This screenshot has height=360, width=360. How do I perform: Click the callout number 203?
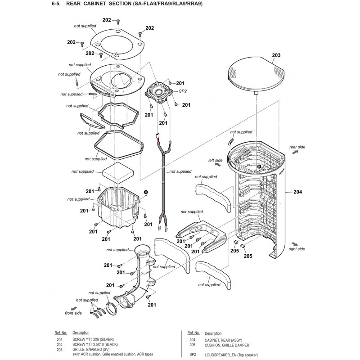[x=276, y=55]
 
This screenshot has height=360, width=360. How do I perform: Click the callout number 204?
[x=297, y=192]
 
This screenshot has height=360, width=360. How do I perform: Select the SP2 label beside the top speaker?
[x=183, y=91]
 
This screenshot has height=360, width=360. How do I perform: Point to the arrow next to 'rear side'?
[x=296, y=152]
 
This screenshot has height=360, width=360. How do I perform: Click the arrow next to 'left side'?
[x=218, y=164]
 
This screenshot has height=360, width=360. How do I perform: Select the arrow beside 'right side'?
[x=295, y=244]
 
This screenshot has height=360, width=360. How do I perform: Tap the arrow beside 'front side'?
[x=74, y=309]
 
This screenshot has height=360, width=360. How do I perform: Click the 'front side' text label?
[x=73, y=313]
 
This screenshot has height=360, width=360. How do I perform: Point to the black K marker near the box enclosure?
[x=145, y=192]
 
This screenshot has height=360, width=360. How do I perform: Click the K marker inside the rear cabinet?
[x=259, y=166]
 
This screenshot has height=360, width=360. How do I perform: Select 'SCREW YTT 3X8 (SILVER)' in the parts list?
[x=93, y=339]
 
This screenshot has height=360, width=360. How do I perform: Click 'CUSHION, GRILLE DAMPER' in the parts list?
[x=227, y=345]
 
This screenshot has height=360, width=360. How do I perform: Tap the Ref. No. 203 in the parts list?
[x=59, y=350]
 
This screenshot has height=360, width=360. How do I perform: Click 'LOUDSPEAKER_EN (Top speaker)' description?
[x=231, y=355]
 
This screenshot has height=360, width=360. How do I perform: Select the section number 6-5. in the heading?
[x=56, y=4]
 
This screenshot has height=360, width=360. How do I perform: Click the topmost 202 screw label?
[x=107, y=20]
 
